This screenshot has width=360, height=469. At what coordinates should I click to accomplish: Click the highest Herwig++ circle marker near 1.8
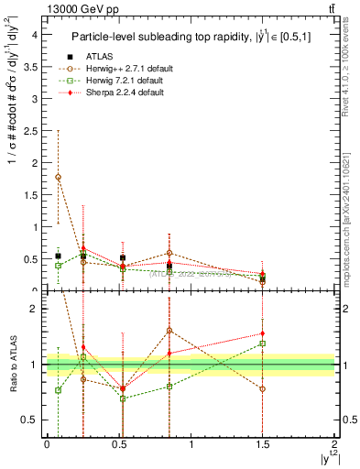[59, 177]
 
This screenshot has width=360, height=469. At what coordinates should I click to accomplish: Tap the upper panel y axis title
[12, 156]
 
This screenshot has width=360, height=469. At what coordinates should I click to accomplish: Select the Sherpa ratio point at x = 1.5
[263, 334]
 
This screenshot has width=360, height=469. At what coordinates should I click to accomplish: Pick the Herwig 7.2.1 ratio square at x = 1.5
[263, 344]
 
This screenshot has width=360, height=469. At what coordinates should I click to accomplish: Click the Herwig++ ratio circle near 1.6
[169, 331]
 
